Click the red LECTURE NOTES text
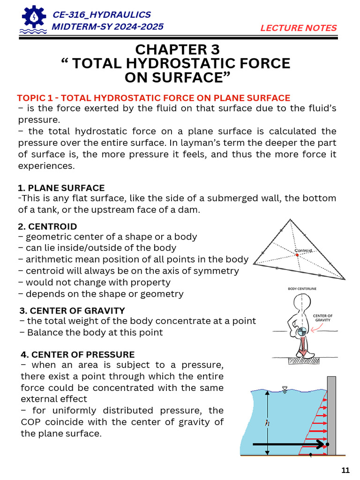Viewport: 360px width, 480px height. tap(299, 28)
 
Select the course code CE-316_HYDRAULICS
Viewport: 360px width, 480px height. tap(102, 15)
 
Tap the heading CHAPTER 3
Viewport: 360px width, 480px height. tap(177, 49)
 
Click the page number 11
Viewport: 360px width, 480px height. tap(345, 470)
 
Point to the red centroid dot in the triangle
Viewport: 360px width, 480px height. tap(297, 255)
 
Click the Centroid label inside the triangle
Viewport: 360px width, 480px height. tap(303, 251)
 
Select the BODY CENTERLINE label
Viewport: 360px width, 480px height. tap(302, 289)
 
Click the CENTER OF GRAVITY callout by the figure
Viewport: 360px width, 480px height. tap(322, 318)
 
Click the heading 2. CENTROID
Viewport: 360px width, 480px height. tap(47, 226)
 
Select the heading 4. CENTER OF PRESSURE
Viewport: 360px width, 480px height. tap(78, 354)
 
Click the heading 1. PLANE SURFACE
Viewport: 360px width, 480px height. tap(61, 188)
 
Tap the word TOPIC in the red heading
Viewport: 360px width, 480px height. tap(30, 98)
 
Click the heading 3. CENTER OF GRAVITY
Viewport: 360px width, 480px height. tap(72, 310)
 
